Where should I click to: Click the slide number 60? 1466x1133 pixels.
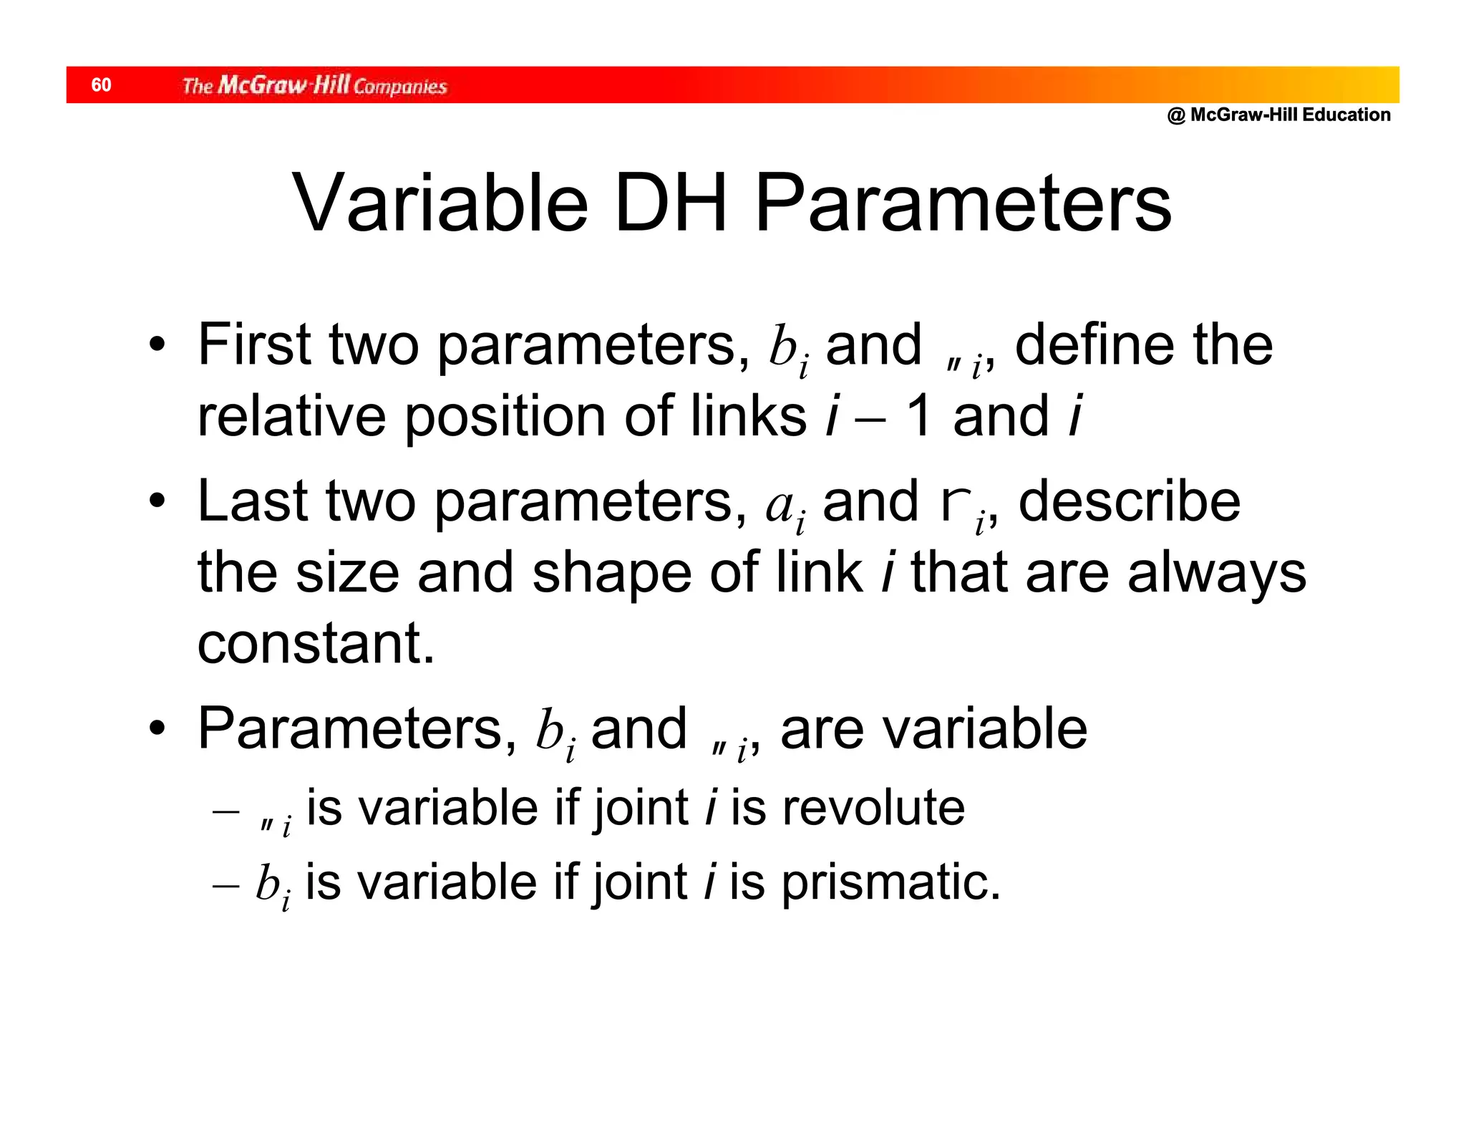(101, 85)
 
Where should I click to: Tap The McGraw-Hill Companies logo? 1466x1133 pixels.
(314, 85)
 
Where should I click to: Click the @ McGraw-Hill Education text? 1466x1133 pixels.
(1278, 115)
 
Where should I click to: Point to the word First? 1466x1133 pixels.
(254, 344)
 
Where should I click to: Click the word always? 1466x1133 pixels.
(1216, 574)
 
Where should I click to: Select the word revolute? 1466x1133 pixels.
(873, 808)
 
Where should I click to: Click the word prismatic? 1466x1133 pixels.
(890, 882)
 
